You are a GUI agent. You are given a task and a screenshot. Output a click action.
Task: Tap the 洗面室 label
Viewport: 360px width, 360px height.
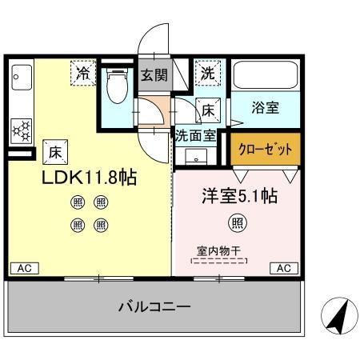point(195,136)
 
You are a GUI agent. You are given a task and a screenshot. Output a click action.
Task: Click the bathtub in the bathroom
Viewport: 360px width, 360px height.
point(265,77)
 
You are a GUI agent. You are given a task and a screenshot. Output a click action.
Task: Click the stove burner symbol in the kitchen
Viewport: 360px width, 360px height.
point(20,128)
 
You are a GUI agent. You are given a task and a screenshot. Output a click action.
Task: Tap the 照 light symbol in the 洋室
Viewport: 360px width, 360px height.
point(237,222)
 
